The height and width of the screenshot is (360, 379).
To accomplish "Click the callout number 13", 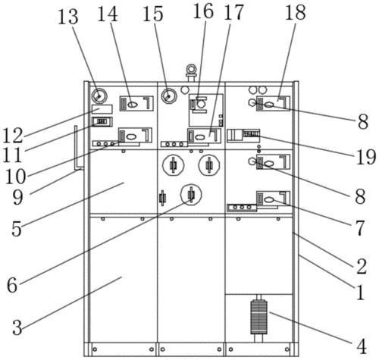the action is (68, 17).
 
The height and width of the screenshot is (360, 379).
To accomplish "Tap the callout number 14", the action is (108, 14).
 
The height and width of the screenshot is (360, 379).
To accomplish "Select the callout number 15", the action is (153, 14).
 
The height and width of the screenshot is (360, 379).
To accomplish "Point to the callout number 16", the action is (203, 11).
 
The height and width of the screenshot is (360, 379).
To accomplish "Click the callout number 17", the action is (233, 13).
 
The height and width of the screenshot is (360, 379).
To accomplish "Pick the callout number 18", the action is (296, 13).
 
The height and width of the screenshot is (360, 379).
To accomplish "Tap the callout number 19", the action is (366, 157).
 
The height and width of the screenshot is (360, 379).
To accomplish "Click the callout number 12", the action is (13, 136).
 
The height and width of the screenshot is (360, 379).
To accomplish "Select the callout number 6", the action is (12, 285).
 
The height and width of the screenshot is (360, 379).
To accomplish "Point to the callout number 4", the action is (362, 346).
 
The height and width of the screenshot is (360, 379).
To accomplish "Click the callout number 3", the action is (17, 327).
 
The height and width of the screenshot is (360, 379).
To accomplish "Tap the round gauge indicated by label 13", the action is (99, 96).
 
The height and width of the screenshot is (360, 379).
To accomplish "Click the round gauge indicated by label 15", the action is (169, 96).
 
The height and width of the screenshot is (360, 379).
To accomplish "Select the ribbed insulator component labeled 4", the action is (258, 317).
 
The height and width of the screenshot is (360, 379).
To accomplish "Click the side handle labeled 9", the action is (77, 148).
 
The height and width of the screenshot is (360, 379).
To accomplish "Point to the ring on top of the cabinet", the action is (191, 68).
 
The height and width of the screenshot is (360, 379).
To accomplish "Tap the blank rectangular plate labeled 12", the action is (102, 109).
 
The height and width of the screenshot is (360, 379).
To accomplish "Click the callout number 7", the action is (360, 227).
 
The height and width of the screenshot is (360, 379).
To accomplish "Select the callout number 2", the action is (362, 267).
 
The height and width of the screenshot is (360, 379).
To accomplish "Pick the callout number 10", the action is (15, 177).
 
